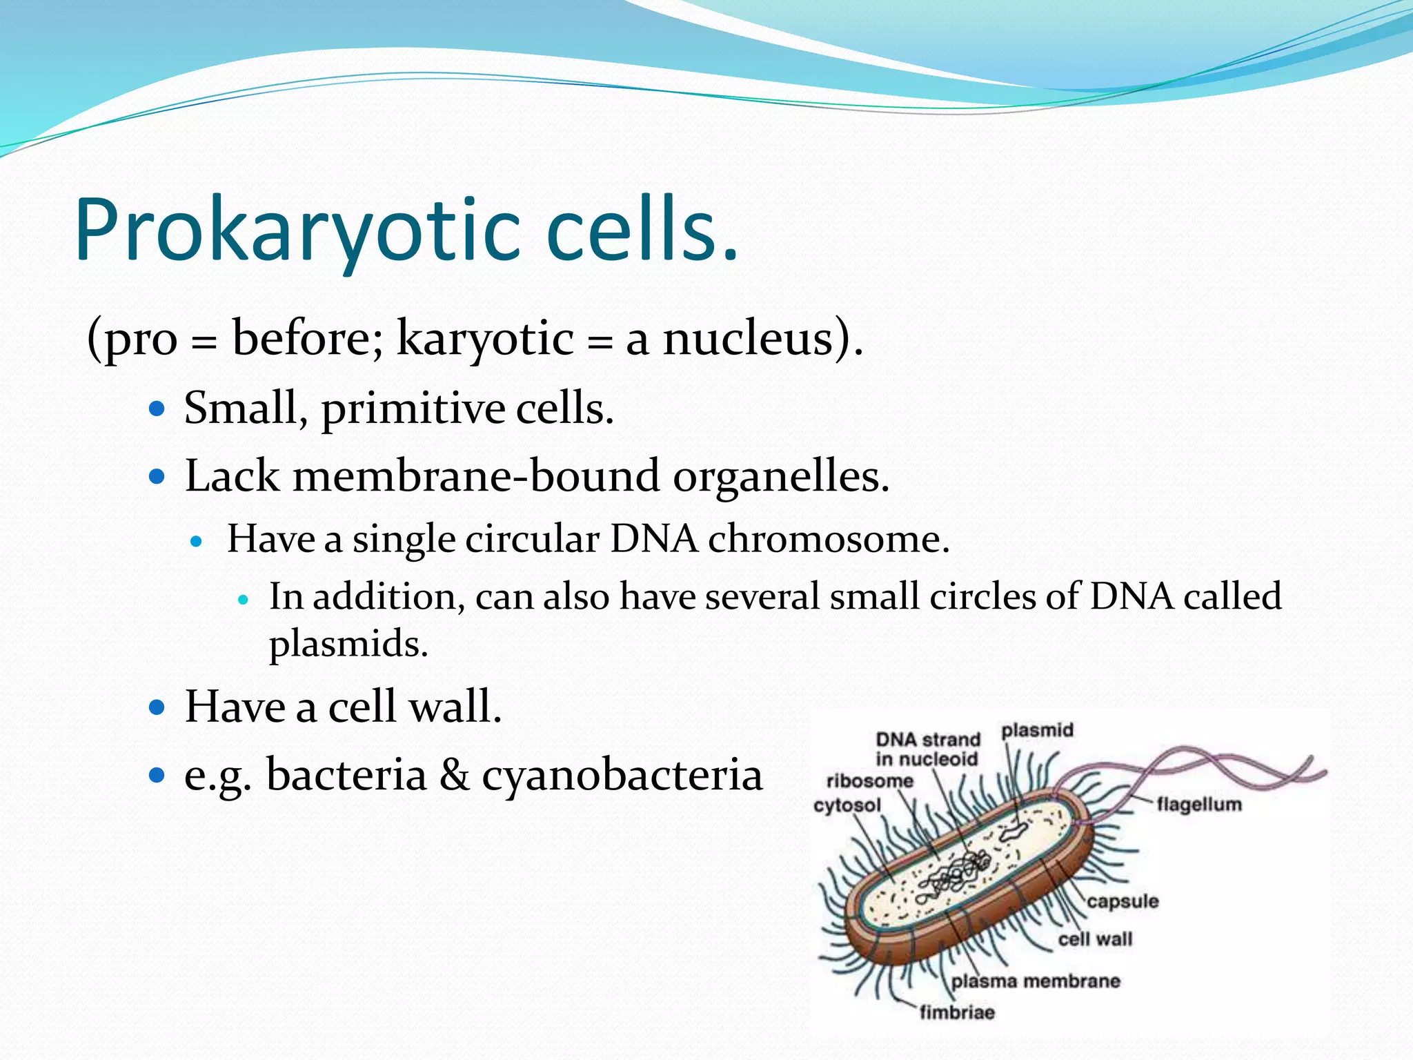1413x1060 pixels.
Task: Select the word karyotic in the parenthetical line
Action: (x=485, y=340)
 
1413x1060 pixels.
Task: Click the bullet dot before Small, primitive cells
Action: (x=157, y=409)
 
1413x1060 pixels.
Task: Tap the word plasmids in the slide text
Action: (x=348, y=645)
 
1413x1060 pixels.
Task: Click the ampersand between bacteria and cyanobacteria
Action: (x=454, y=774)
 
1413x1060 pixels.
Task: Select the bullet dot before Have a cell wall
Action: (x=157, y=707)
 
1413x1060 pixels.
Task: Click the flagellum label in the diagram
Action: (x=1199, y=805)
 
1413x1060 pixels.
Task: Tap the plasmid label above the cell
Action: (x=1037, y=730)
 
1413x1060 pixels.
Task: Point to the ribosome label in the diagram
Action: (x=869, y=781)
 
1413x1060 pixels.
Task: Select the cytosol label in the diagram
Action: (x=847, y=805)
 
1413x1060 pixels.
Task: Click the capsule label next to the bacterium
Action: (x=1123, y=901)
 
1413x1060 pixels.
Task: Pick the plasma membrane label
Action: (x=1035, y=981)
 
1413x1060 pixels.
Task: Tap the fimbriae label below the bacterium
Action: (x=957, y=1012)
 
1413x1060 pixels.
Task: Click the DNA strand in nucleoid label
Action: (x=927, y=749)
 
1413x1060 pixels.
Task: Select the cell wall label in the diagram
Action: (x=1095, y=939)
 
